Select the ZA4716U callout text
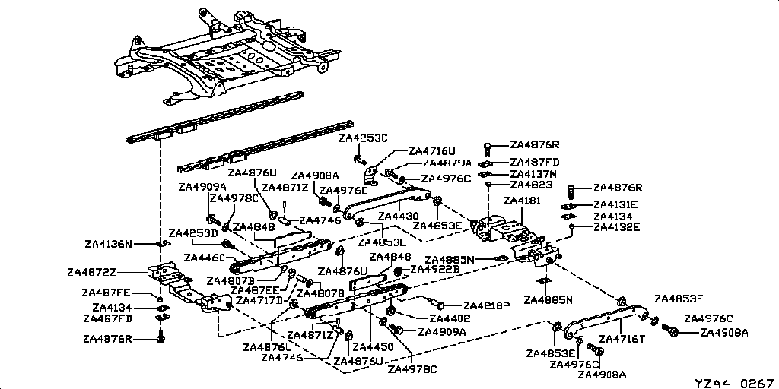pyautogui.click(x=432, y=151)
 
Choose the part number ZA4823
pyautogui.click(x=531, y=185)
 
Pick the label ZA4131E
pyautogui.click(x=617, y=205)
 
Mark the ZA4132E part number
pyautogui.click(x=617, y=226)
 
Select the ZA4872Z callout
pyautogui.click(x=92, y=271)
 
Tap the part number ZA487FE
pyautogui.click(x=107, y=293)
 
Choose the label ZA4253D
pyautogui.click(x=193, y=232)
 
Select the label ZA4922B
pyautogui.click(x=434, y=269)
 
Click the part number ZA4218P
pyautogui.click(x=486, y=306)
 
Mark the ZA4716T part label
pyautogui.click(x=623, y=339)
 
